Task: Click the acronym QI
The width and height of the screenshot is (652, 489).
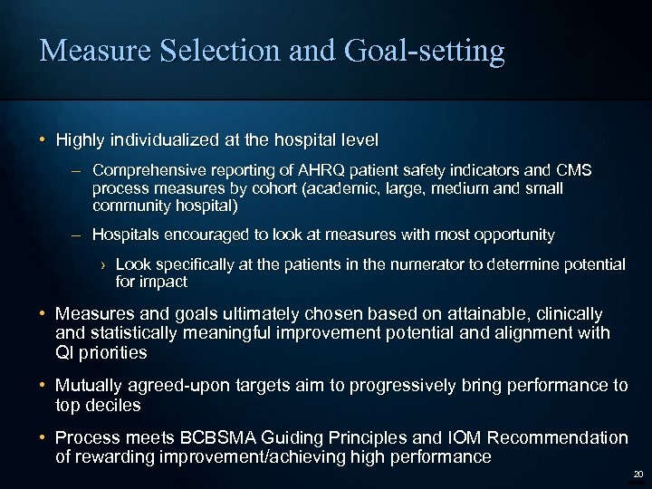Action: (66, 352)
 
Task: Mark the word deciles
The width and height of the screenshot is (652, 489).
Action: (113, 405)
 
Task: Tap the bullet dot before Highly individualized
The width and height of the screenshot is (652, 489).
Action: (43, 140)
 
